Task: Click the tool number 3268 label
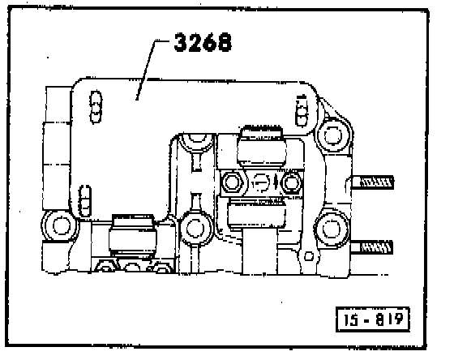coord(203,42)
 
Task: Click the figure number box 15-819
coord(373,319)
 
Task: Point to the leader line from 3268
coord(148,70)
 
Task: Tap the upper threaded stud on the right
coord(373,182)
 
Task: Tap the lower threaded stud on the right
coord(372,247)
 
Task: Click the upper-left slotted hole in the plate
coord(96,107)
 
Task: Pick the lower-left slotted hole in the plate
coord(85,201)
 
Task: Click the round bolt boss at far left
coord(60,225)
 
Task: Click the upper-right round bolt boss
coord(333,135)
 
